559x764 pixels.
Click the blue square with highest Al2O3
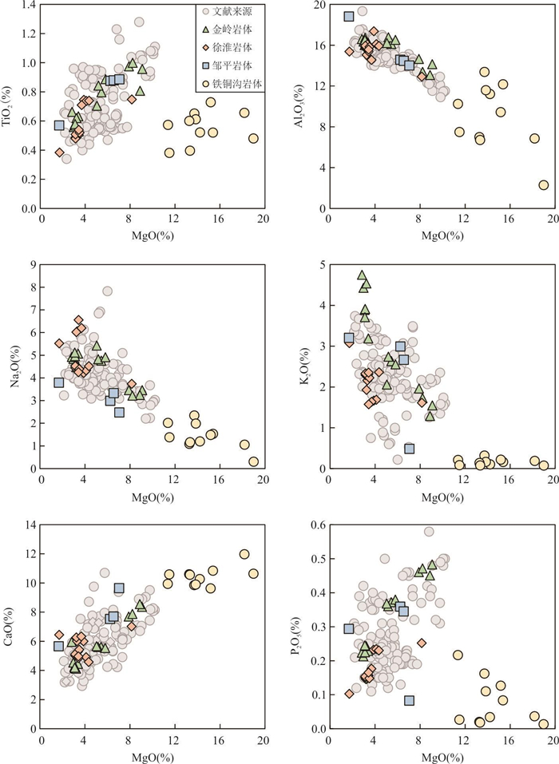pyautogui.click(x=349, y=16)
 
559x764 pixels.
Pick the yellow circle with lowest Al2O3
pyautogui.click(x=544, y=185)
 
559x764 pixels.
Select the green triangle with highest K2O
pyautogui.click(x=362, y=275)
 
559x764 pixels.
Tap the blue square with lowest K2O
pyautogui.click(x=410, y=449)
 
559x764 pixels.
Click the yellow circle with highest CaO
pyautogui.click(x=244, y=554)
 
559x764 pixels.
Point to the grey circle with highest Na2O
pyautogui.click(x=107, y=291)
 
